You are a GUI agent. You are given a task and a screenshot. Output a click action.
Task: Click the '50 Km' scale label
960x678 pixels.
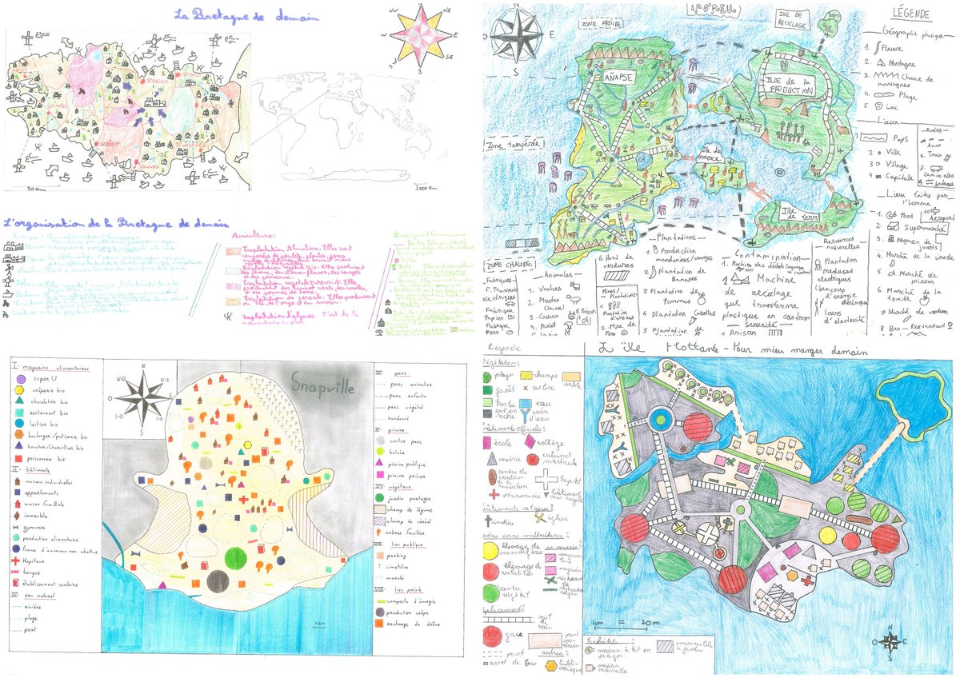34,189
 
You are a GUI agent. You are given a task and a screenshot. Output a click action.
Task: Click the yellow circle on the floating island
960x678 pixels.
679,528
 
